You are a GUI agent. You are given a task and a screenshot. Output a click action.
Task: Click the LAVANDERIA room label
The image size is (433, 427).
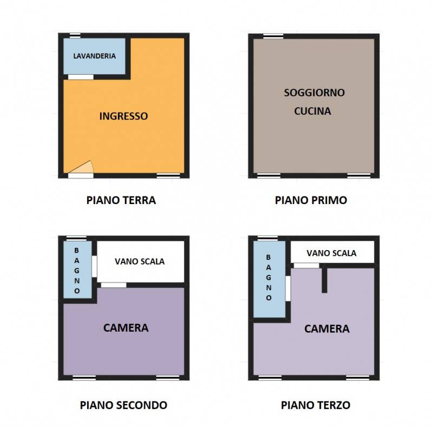94,56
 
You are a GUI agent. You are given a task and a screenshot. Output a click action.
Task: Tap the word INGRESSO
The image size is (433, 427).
123,116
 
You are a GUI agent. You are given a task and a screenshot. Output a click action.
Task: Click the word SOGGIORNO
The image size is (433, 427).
314,93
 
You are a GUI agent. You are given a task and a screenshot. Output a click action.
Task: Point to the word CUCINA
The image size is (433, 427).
313,111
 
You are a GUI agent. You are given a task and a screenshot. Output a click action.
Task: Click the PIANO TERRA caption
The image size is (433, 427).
121,200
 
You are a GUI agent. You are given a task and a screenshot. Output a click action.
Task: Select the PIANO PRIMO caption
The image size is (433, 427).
311,200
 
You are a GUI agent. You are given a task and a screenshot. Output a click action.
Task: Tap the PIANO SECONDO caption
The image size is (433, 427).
123,405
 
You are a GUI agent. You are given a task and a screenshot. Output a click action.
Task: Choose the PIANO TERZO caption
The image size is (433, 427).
316,405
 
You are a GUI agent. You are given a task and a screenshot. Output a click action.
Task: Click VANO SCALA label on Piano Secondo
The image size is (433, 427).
140,261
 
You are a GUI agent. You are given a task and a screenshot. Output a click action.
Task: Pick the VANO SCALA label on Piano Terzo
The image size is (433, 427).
331,253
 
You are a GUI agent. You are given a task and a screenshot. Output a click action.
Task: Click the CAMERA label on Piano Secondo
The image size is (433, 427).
126,328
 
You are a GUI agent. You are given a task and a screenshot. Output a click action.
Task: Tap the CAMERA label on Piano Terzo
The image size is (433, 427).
327,329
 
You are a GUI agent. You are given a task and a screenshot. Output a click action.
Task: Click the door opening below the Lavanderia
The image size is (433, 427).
81,77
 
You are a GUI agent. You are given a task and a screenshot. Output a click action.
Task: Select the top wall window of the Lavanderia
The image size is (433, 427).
75,36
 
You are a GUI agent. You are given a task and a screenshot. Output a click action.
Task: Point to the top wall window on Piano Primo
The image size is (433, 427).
273,36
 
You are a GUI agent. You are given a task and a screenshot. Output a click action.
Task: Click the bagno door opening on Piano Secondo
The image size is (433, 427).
94,266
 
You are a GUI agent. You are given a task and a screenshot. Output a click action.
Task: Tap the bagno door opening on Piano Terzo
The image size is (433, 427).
288,288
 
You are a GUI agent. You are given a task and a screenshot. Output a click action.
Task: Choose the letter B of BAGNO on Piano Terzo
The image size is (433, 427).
268,257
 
